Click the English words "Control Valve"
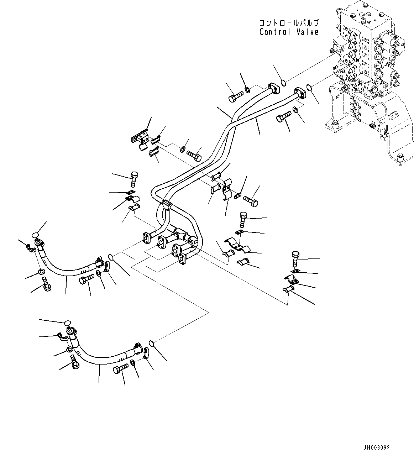pos(289,32)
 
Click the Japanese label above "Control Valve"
pos(289,23)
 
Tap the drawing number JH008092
pos(377,447)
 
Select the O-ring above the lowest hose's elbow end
pos(66,323)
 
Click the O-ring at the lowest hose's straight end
pos(151,343)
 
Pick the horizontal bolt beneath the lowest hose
pos(120,369)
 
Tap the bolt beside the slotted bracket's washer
pos(193,156)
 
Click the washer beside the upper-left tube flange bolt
pos(247,89)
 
